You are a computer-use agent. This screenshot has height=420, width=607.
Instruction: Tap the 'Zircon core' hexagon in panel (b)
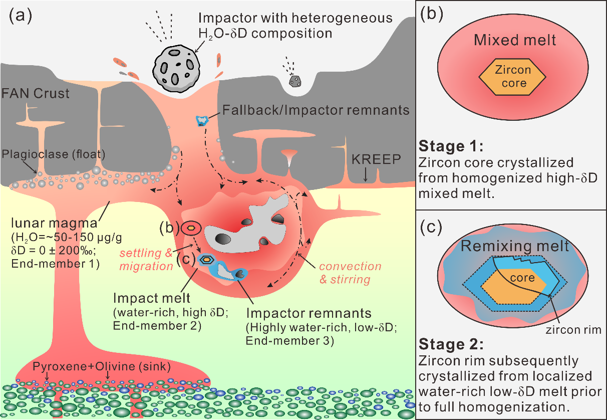(512, 76)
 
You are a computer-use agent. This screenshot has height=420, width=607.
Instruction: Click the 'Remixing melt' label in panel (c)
(515, 246)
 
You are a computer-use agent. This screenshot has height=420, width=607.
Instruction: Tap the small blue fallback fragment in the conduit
(201, 120)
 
